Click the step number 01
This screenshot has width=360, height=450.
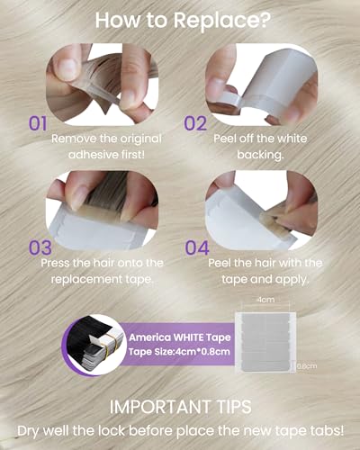click(38, 123)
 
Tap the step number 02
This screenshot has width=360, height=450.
click(195, 123)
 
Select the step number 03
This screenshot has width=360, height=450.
click(40, 247)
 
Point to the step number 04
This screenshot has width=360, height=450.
click(197, 247)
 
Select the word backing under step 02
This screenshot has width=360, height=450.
click(259, 155)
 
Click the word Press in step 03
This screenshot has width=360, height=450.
click(55, 263)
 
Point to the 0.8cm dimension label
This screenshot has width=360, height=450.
click(307, 366)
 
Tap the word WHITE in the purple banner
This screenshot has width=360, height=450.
click(188, 337)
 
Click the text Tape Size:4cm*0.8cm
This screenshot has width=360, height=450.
click(179, 351)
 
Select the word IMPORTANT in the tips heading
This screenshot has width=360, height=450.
click(160, 407)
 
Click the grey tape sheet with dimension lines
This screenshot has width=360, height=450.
click(265, 342)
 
